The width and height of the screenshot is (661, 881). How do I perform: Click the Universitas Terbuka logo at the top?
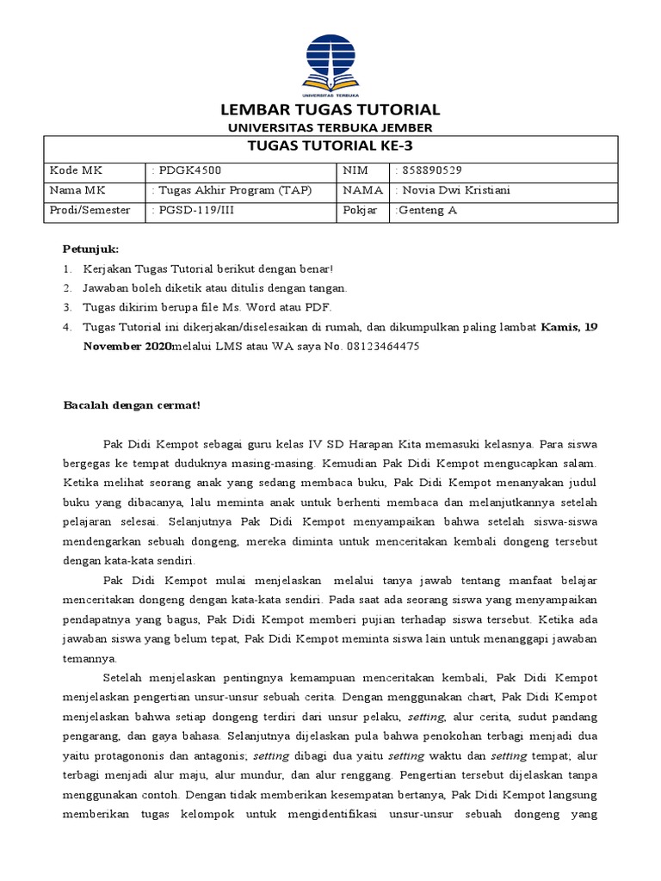tap(330, 63)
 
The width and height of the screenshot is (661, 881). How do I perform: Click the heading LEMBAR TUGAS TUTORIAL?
tap(330, 110)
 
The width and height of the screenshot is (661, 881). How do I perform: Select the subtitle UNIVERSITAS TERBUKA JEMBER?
tap(330, 128)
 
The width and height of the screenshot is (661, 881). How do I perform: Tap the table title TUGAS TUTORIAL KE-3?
tap(330, 145)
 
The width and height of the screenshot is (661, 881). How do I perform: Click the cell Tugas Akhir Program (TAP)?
tap(232, 190)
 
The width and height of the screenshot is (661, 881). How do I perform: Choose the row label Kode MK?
tap(76, 170)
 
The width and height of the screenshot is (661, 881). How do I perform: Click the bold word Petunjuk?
tap(90, 249)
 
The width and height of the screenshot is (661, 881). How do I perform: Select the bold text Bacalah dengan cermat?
tap(132, 405)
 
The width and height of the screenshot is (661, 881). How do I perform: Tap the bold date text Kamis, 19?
tap(568, 327)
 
